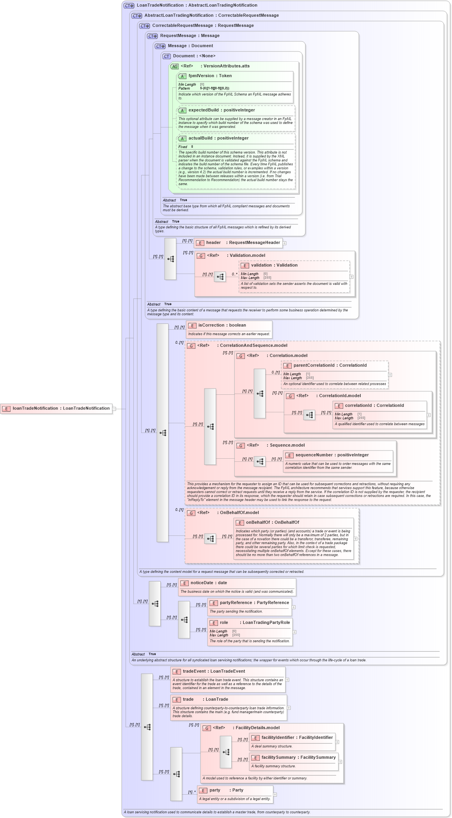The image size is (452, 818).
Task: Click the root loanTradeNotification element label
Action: pyautogui.click(x=61, y=408)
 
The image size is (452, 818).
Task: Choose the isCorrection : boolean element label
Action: pyautogui.click(x=222, y=325)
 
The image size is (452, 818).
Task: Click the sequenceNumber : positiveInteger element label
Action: pyautogui.click(x=331, y=455)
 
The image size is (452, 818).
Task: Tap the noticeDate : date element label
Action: pyautogui.click(x=208, y=583)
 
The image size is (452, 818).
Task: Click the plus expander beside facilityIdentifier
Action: pyautogui.click(x=337, y=742)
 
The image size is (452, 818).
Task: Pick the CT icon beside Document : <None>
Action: pyautogui.click(x=167, y=57)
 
